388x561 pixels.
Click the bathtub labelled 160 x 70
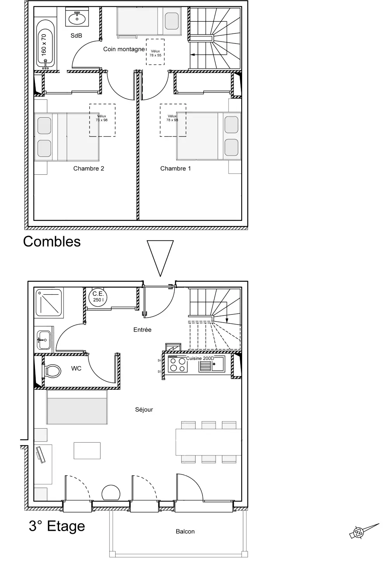coord(45,45)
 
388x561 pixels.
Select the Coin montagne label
coord(124,49)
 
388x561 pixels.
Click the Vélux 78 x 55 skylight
coord(155,52)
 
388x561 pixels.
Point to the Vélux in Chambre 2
coord(102,120)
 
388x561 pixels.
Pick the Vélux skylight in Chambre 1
coord(173,120)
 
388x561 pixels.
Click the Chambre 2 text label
coord(88,168)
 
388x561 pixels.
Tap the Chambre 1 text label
coord(175,168)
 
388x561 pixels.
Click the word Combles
coord(52,242)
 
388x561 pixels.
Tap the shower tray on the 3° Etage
coord(49,303)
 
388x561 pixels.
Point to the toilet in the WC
coord(52,371)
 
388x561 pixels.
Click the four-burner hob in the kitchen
coord(178,364)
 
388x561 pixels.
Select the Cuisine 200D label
coord(200,358)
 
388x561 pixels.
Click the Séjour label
coord(144,410)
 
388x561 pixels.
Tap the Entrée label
coord(142,330)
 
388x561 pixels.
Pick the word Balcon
coord(185,531)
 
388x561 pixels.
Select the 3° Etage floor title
coord(57,526)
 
